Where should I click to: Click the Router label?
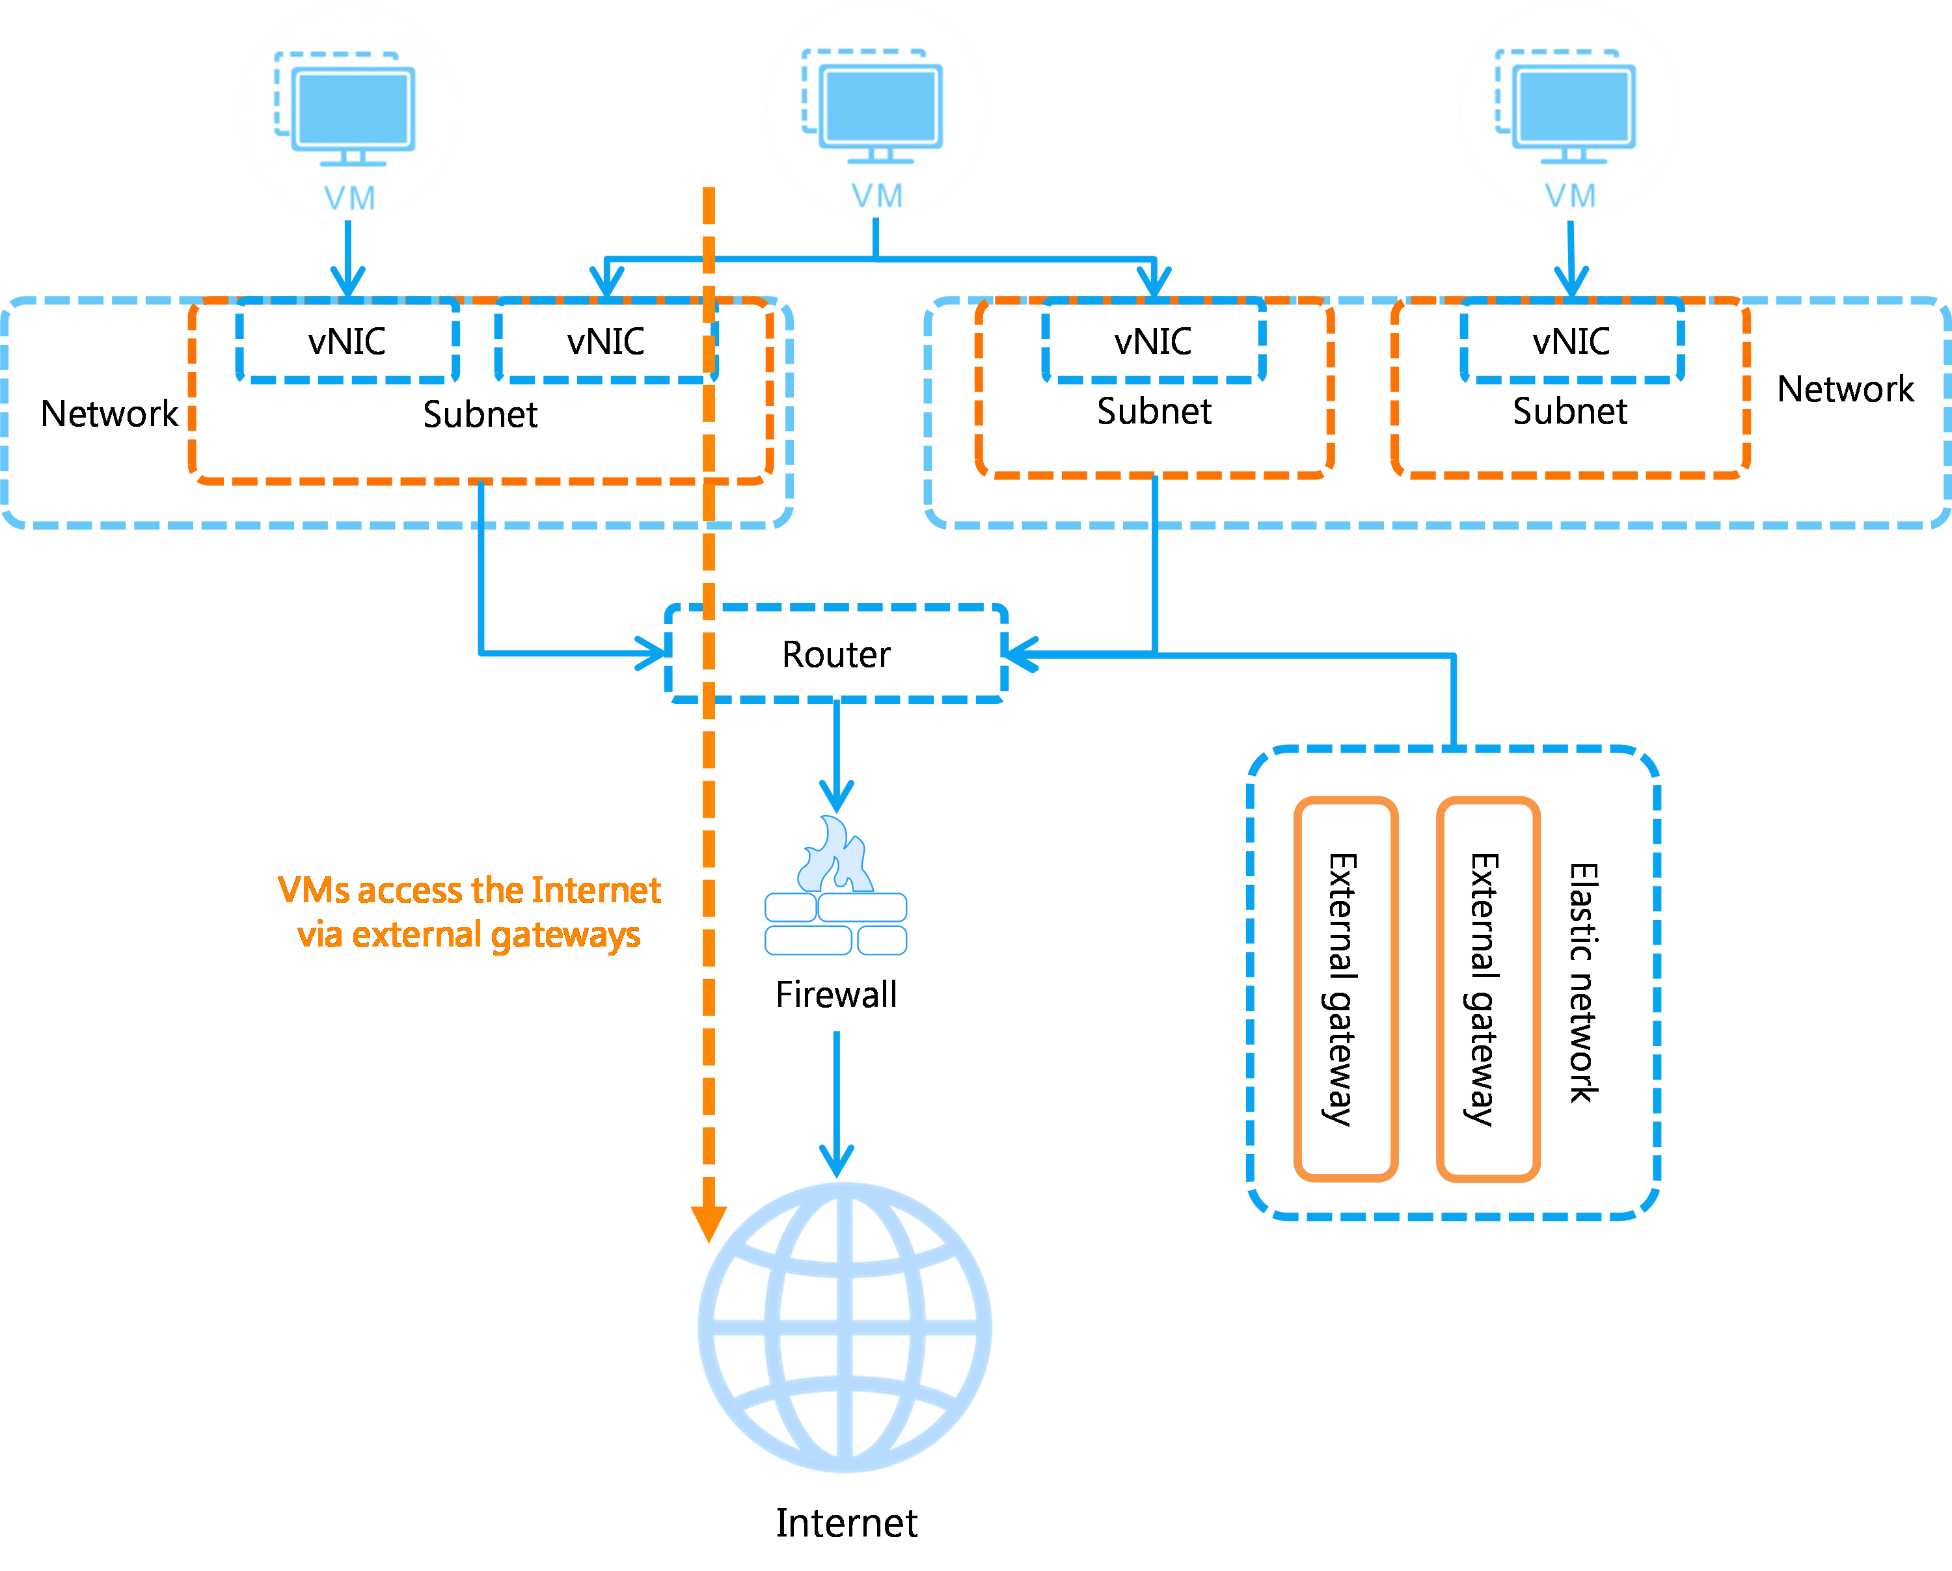(834, 653)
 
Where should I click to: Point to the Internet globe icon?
(844, 1326)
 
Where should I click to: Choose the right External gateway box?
(1487, 988)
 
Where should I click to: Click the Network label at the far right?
(1847, 391)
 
